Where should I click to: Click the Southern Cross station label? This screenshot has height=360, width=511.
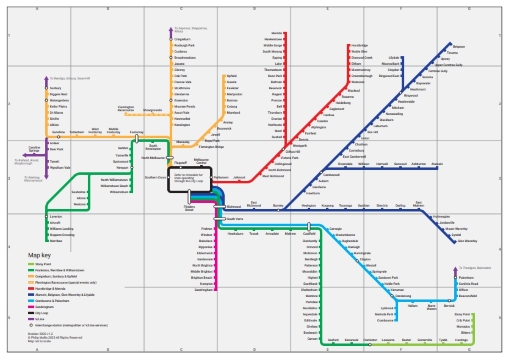pos(150,178)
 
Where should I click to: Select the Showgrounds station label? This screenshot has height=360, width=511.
pos(152,110)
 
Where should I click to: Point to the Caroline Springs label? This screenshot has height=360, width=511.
pos(34,148)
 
